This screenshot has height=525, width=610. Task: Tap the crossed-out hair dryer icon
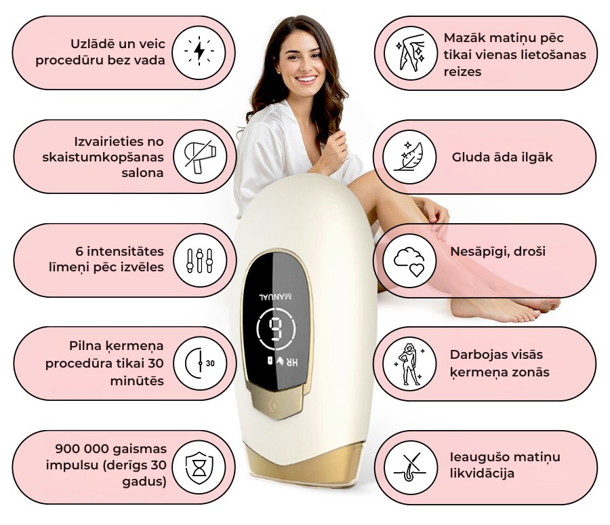(200, 157)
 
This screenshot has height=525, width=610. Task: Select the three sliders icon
(199, 260)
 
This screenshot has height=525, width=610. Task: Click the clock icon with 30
(200, 364)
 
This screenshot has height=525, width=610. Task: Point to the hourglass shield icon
(199, 468)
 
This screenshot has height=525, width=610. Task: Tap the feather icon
(409, 157)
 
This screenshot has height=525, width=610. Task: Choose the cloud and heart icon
(409, 261)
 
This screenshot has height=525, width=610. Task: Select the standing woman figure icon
(409, 364)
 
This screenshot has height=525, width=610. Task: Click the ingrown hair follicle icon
(409, 467)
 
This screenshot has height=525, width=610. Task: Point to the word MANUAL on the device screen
(275, 297)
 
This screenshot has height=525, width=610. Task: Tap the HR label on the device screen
(293, 362)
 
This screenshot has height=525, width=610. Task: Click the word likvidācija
(482, 473)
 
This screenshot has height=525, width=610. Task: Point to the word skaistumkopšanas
(103, 157)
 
